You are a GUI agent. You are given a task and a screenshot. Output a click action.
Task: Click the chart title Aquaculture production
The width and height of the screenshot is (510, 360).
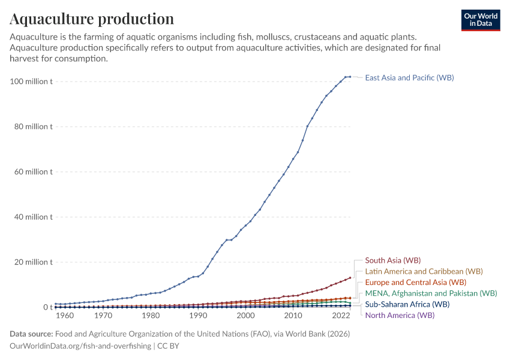coord(92,19)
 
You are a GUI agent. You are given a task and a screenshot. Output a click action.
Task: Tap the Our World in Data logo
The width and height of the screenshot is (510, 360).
coord(481,20)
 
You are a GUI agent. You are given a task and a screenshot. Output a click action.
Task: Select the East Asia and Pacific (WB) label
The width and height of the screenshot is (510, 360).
coord(409,78)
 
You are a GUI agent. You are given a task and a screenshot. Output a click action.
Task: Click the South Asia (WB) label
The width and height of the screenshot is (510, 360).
coord(392,260)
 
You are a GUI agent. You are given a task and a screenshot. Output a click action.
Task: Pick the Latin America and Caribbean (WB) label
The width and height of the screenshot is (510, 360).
coord(424,271)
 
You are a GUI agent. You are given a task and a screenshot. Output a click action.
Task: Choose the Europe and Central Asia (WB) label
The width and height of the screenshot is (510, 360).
coord(415,282)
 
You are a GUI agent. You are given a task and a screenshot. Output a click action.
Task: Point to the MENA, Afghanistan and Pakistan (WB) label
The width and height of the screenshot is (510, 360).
coord(431,293)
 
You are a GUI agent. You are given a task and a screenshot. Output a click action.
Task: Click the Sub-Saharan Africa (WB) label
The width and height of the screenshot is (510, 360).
coord(407,304)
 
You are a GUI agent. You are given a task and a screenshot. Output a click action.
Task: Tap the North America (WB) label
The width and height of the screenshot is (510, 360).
coord(400,315)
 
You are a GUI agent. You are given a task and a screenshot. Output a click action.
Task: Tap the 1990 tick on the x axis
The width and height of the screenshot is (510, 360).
coord(198,316)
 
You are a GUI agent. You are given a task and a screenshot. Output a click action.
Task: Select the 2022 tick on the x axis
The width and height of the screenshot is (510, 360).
coord(340,316)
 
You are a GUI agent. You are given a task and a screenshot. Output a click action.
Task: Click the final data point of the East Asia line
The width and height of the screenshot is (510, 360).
coord(350,77)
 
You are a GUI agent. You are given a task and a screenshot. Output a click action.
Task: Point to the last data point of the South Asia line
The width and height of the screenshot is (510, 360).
coord(350,278)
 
